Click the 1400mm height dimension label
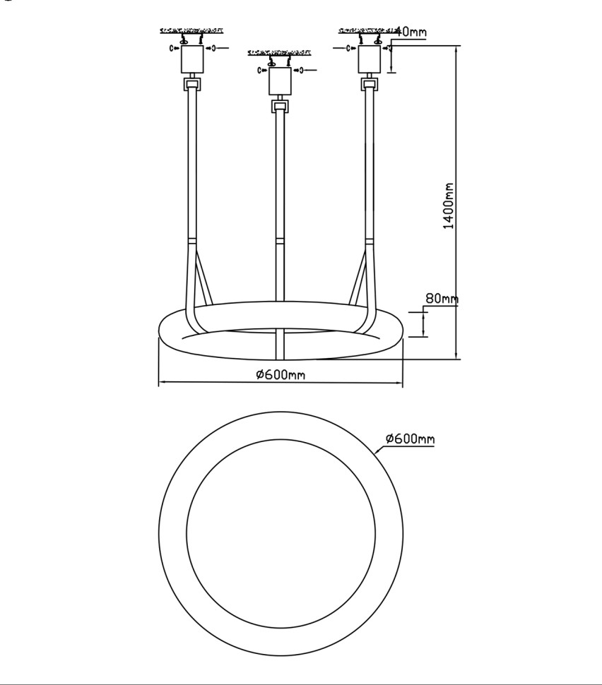coord(449,205)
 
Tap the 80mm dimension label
coord(442,299)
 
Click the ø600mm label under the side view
coord(281,374)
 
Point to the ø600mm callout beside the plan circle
coord(410,438)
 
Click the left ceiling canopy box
coord(192,59)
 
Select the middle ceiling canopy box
coord(280,81)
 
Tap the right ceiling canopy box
coord(369,59)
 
